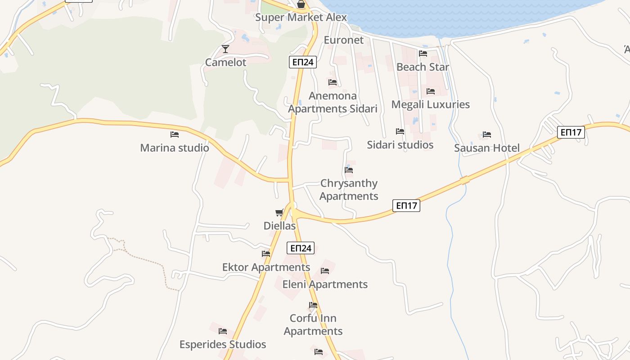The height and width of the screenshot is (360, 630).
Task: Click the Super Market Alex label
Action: point(301,18)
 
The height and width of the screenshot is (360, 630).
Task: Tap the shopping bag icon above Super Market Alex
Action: point(301,4)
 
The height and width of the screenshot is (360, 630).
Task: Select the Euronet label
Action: point(344,40)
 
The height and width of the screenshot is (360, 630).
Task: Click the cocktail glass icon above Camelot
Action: point(225,49)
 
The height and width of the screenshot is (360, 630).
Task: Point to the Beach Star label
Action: point(423,67)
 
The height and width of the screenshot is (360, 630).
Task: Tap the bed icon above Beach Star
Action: point(423,54)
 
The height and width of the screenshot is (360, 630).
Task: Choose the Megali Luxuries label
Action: point(430,104)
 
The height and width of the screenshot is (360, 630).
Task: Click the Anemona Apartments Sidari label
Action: point(333,102)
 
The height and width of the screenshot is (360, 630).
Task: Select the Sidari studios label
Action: point(400,145)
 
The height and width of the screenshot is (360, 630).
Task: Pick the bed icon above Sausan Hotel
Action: point(486,135)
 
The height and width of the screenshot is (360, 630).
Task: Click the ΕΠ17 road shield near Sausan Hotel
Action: point(571,132)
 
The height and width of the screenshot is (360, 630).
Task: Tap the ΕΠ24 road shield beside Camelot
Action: point(303,62)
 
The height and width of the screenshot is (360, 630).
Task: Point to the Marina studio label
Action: point(175,148)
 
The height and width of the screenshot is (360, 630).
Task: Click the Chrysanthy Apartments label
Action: point(349,190)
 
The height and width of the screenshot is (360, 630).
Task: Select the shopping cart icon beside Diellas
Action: point(279,212)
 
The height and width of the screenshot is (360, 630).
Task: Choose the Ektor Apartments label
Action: point(266,267)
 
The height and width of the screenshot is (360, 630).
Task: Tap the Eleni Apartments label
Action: point(325,284)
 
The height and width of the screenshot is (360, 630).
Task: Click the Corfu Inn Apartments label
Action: point(313,324)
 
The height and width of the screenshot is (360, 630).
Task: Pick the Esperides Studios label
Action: point(223,345)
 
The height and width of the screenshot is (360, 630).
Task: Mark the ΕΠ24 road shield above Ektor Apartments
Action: point(301,248)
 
